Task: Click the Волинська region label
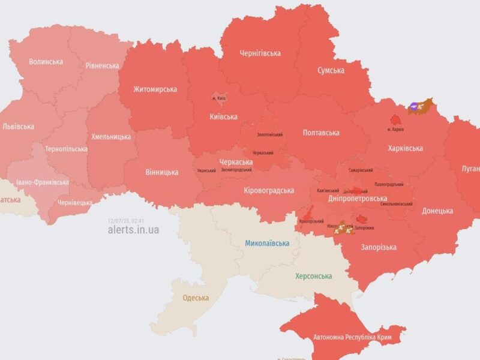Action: (46, 61)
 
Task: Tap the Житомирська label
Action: (155, 89)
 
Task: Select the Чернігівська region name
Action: (260, 53)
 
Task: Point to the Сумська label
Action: (331, 70)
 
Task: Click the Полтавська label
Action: (321, 133)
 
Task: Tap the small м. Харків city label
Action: (395, 130)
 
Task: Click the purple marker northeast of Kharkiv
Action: (414, 107)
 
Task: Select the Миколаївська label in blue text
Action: (267, 243)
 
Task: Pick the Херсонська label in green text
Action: (313, 276)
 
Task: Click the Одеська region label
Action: (196, 298)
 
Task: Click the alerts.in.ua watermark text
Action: (133, 229)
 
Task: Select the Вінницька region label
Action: (161, 172)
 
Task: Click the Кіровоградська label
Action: (269, 190)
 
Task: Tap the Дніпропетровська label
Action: (358, 198)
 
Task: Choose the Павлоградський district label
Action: (388, 184)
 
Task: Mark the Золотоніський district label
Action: (269, 135)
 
